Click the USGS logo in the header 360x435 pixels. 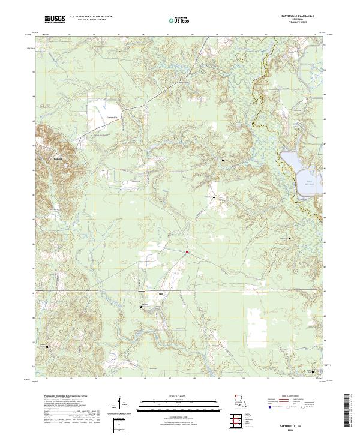[x=54, y=19]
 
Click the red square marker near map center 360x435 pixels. [x=187, y=252]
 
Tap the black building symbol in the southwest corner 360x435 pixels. [x=48, y=346]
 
